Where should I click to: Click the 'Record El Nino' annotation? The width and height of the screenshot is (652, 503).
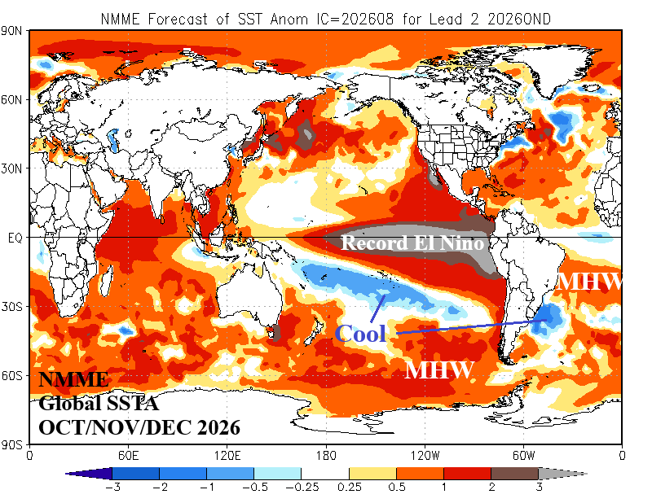tap(412, 243)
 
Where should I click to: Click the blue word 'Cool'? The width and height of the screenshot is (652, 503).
tap(360, 333)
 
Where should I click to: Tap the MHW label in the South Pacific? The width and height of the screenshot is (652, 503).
tap(439, 370)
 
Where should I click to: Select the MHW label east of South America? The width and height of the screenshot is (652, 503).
tap(589, 282)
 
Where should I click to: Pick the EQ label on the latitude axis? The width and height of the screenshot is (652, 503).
tap(15, 238)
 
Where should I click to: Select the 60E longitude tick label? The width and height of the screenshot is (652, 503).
tap(128, 456)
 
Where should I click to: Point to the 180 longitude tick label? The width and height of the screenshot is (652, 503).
tap(326, 456)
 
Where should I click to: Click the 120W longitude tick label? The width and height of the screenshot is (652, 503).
tap(425, 456)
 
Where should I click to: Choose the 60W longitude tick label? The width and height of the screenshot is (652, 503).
tap(523, 456)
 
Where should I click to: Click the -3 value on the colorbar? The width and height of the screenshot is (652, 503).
tap(112, 487)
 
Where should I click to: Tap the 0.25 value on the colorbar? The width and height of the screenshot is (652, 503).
tap(350, 487)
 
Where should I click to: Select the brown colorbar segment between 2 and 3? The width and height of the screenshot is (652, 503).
tap(515, 474)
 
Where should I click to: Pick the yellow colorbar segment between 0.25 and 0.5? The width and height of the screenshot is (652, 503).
tap(372, 474)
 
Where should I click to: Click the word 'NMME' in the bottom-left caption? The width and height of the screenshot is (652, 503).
tap(73, 379)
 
